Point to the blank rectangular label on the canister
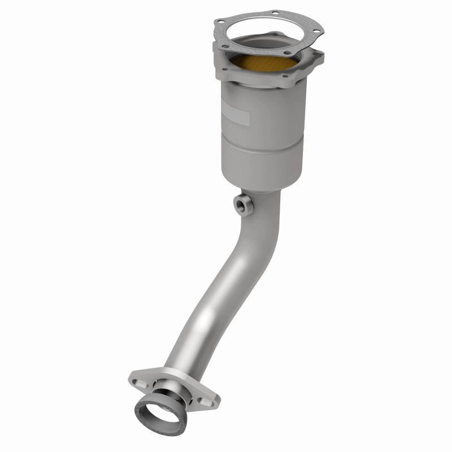point(236,116)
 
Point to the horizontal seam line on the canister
point(257,141)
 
